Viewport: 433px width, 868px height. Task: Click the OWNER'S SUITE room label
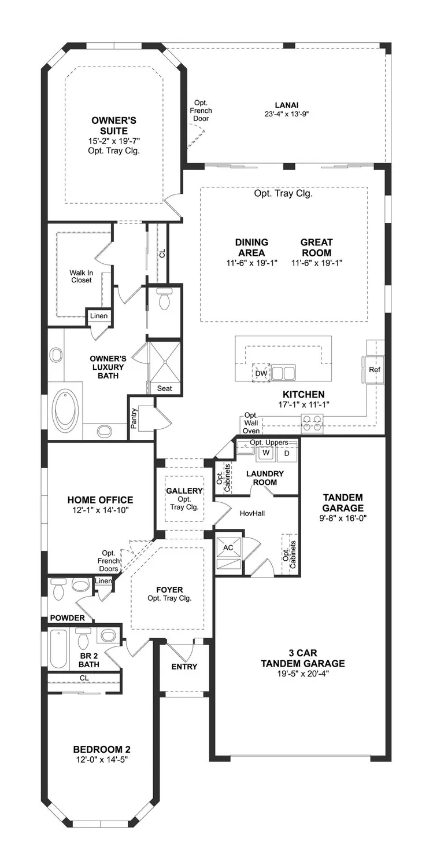click(x=113, y=126)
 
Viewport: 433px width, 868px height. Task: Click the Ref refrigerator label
click(x=374, y=369)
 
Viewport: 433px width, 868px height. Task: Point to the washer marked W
click(x=267, y=454)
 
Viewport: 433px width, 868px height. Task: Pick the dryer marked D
click(x=286, y=454)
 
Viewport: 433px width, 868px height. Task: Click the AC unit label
click(x=228, y=547)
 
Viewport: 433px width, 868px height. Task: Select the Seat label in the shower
click(x=165, y=389)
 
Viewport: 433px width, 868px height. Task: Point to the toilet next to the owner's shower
click(x=164, y=300)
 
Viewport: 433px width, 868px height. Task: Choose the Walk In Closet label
click(x=81, y=276)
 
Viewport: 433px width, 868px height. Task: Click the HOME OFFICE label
click(x=100, y=500)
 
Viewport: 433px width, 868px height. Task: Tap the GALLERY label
click(x=184, y=491)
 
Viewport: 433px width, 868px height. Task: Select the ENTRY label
click(x=184, y=667)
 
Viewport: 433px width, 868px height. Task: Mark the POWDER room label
click(x=67, y=618)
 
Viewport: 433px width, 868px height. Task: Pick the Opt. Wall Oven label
click(x=251, y=423)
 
